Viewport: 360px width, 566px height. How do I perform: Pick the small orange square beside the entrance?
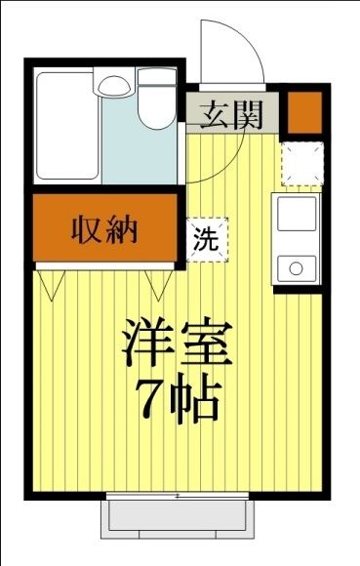pyautogui.click(x=302, y=112)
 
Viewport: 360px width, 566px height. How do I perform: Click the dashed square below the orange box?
pyautogui.click(x=302, y=162)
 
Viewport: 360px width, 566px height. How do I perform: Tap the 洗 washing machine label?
pyautogui.click(x=206, y=238)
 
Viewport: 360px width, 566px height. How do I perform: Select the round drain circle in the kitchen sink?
pyautogui.click(x=296, y=266)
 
